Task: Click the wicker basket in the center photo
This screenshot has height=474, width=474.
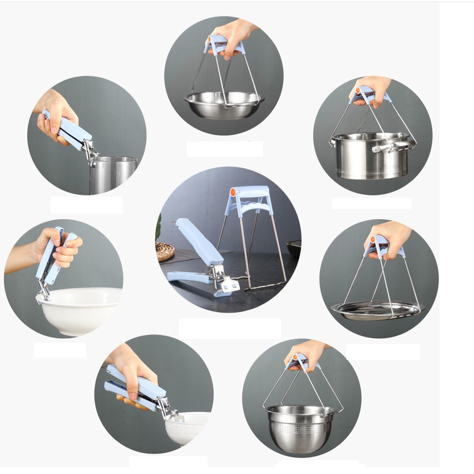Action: pos(165,251)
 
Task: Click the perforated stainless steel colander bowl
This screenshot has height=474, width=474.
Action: pos(300,425)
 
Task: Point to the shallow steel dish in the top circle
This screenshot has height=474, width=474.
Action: pos(224,104)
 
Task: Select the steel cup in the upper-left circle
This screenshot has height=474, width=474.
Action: pos(113,174)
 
